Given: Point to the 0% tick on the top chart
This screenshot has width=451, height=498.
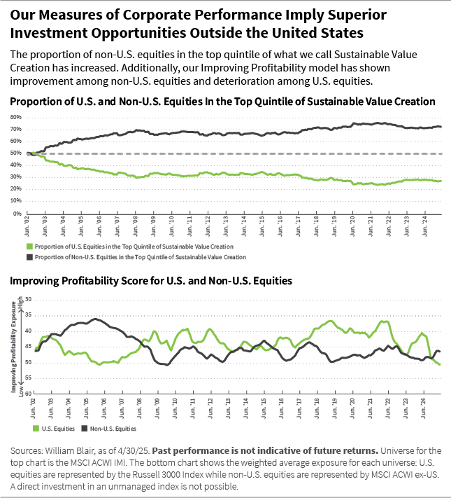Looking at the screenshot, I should (15, 214).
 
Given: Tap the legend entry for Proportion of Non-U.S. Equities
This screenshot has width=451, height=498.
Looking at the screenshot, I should (136, 257).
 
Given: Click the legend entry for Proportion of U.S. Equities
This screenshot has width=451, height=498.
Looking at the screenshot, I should (130, 247).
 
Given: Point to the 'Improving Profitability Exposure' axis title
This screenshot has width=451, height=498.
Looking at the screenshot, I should (13, 343).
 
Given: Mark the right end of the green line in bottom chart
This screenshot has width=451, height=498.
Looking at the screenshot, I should (440, 364).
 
